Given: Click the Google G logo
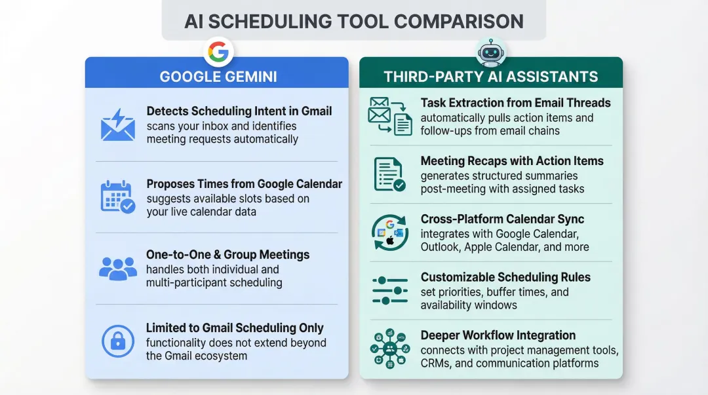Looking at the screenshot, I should click(x=218, y=52).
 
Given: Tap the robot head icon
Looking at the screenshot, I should click(x=491, y=52).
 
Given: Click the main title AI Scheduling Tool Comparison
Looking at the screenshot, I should click(x=354, y=21).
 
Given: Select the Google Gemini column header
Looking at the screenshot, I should click(x=218, y=77).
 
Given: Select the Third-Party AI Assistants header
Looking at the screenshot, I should click(x=491, y=77).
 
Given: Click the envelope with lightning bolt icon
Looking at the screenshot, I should click(x=117, y=126).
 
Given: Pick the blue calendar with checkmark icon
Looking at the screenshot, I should click(x=117, y=197).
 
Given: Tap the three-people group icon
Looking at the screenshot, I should click(x=117, y=267).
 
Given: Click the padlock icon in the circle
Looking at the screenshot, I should click(x=117, y=341).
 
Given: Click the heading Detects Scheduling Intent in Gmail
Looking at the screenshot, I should click(x=239, y=111).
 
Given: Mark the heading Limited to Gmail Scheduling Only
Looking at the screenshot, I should click(x=235, y=328).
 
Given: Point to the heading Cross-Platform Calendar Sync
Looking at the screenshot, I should click(x=502, y=219).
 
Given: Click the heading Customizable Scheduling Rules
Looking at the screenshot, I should click(x=505, y=277).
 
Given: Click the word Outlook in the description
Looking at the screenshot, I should click(x=441, y=247).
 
